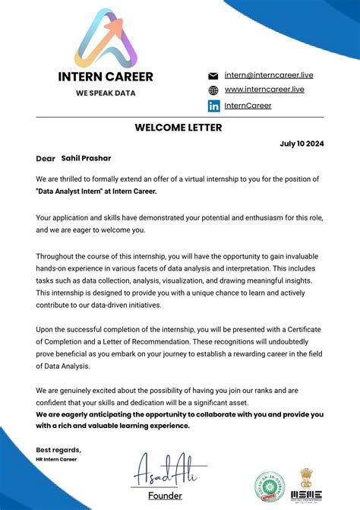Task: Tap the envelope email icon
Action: point(213,76)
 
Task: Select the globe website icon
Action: point(213,90)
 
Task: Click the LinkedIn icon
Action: point(213,105)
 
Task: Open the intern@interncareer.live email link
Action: point(269,75)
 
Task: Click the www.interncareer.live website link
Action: point(264,90)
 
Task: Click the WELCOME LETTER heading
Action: point(178,128)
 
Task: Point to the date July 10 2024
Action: point(302,143)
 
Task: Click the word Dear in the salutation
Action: point(46,159)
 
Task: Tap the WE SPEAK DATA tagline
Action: point(105,93)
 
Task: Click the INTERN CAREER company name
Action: point(106,77)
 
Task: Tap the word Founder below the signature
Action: point(166,496)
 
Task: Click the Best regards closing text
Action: point(58,450)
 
